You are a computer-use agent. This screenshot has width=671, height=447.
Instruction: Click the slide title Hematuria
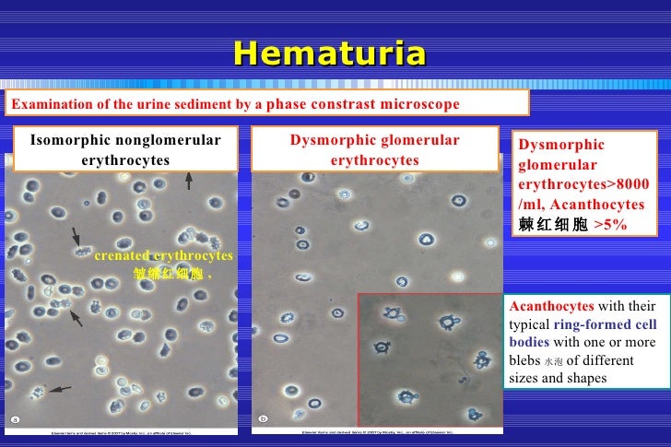pyautogui.click(x=329, y=53)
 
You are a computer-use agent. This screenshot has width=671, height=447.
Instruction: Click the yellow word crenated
pyautogui.click(x=121, y=255)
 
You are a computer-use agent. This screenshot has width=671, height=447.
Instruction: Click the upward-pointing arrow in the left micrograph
pyautogui.click(x=189, y=181)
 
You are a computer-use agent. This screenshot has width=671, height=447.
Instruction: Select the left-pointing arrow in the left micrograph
pyautogui.click(x=60, y=390)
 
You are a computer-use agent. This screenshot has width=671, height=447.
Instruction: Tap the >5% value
pyautogui.click(x=609, y=224)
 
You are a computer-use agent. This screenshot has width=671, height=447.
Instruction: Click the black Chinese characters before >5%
pyautogui.click(x=553, y=224)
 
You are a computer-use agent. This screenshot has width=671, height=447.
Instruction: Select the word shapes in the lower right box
pyautogui.click(x=586, y=378)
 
